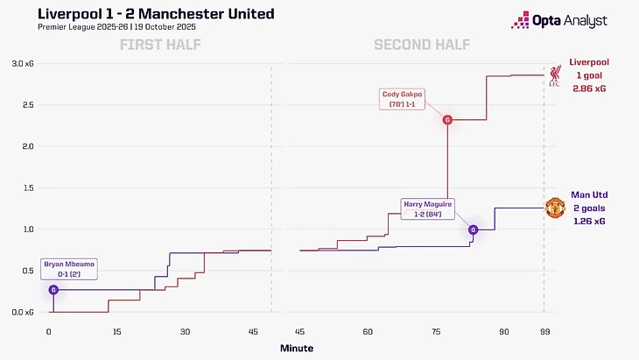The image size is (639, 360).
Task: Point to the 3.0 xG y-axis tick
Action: pos(24,64)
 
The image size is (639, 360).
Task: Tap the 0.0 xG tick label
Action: pos(24,312)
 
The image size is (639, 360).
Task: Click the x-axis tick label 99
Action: pos(544,332)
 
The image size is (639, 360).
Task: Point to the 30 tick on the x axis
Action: pos(186,332)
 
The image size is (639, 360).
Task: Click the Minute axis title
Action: pos(296,348)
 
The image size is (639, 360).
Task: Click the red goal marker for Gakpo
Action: pos(447,120)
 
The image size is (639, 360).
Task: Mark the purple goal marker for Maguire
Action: pos(474,230)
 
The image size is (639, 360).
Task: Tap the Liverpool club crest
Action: pos(555,75)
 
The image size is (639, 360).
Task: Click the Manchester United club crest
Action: pos(555,208)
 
